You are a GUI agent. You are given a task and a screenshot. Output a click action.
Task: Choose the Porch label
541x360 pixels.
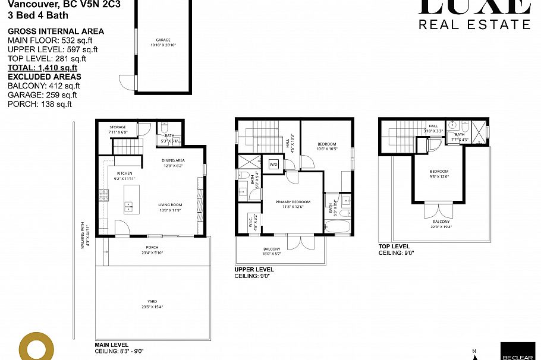[152, 250]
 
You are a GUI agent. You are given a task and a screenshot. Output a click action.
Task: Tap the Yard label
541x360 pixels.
[152, 304]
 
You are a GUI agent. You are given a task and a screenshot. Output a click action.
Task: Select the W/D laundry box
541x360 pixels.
[274, 164]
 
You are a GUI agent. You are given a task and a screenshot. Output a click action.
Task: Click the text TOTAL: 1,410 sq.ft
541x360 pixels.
[43, 68]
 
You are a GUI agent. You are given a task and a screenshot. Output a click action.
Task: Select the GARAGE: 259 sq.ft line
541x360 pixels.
[42, 95]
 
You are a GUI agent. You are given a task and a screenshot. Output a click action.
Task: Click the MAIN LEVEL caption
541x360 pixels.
[112, 345]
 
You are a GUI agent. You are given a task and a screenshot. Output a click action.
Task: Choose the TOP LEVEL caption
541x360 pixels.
[394, 246]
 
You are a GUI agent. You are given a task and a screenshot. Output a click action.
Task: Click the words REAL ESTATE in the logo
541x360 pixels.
[474, 24]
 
